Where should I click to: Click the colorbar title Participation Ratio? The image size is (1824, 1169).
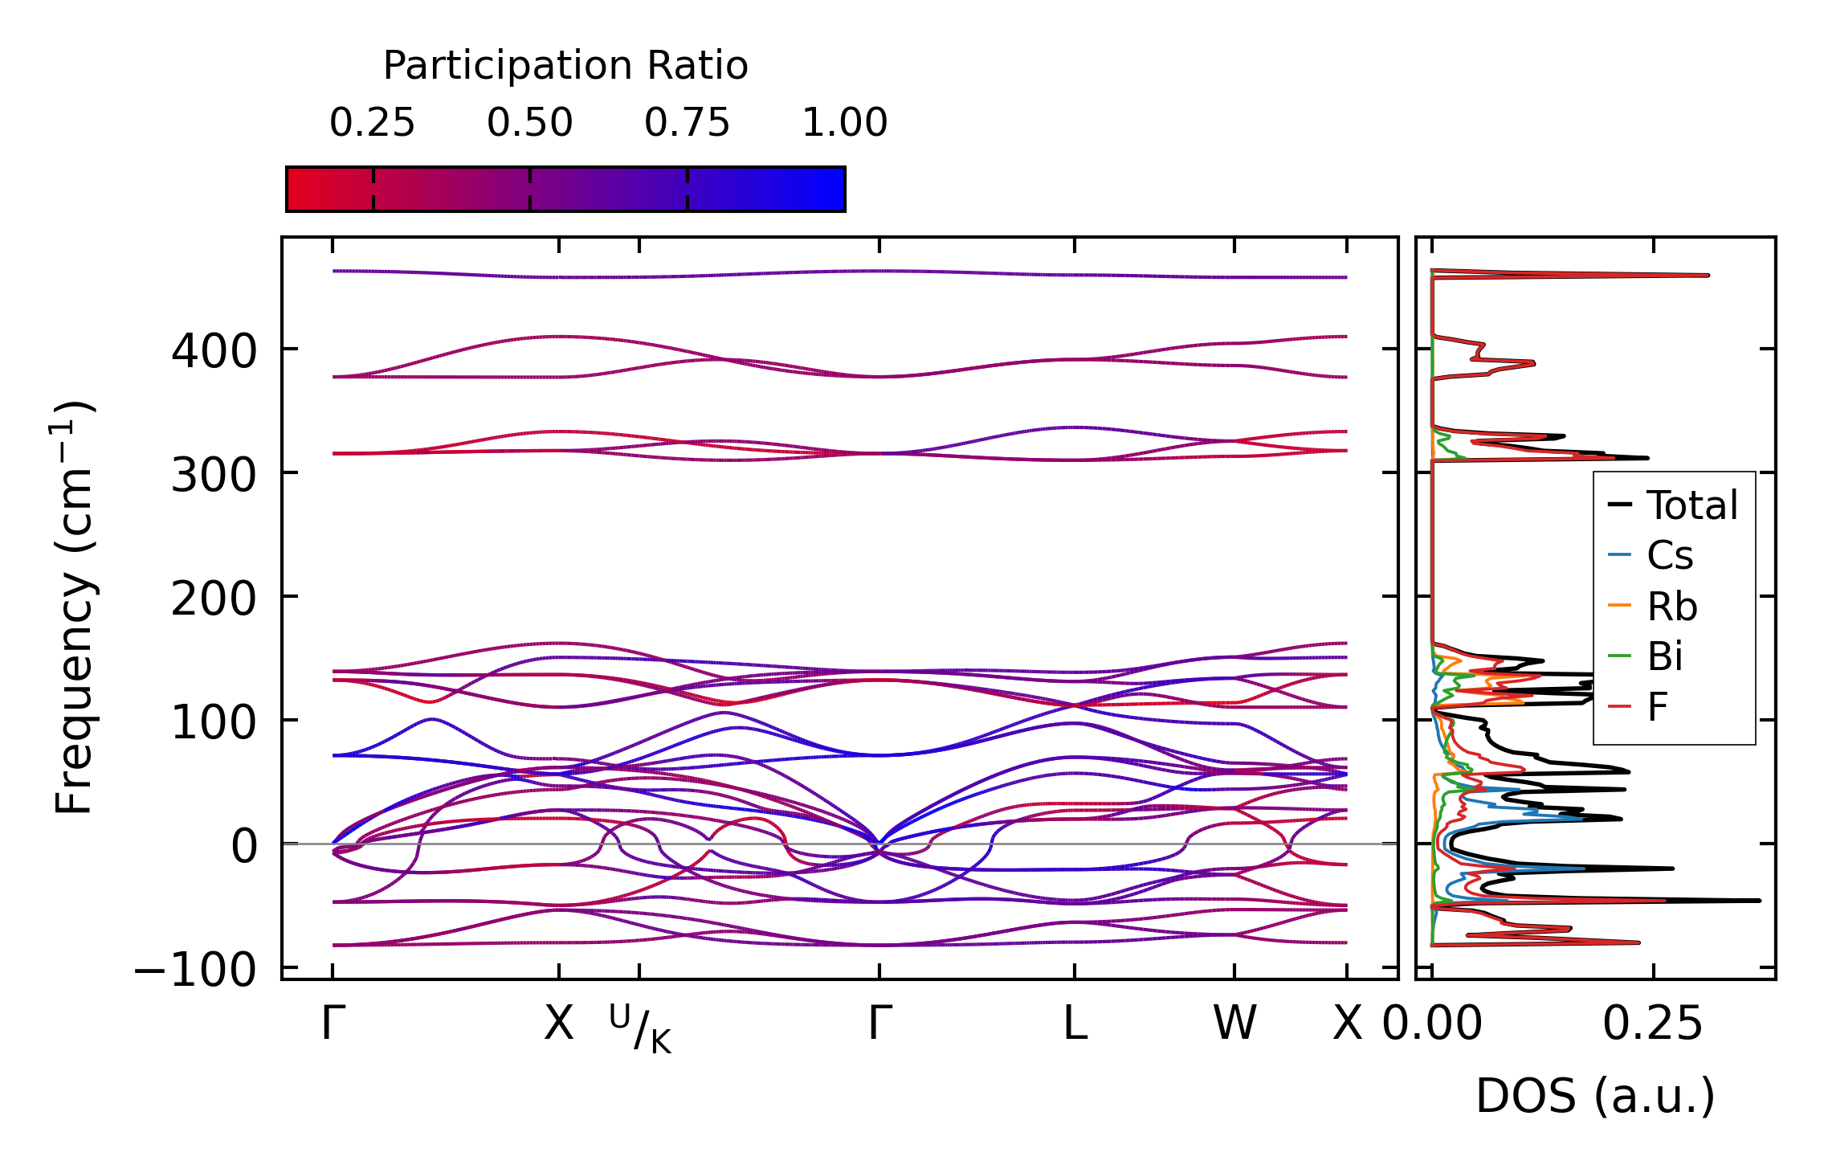[x=565, y=66]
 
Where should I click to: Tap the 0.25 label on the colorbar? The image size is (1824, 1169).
[x=372, y=123]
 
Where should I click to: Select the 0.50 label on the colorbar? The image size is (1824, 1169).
[x=529, y=123]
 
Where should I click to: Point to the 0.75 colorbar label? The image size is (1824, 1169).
[x=687, y=123]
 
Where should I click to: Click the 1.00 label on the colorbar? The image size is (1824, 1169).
[x=844, y=123]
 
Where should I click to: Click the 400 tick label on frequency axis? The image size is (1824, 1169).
[x=214, y=351]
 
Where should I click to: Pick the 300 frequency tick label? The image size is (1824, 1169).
[x=214, y=475]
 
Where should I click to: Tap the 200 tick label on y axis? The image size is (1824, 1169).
[x=214, y=599]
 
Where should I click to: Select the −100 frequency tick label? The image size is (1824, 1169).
[x=195, y=970]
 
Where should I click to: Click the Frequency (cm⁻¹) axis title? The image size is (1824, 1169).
[x=74, y=608]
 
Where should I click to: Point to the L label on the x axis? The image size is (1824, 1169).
[x=1075, y=1024]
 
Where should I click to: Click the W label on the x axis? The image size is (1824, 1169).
[x=1234, y=1024]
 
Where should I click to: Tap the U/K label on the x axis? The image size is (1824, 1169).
[x=640, y=1029]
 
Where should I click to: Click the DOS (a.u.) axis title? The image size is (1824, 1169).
[x=1595, y=1096]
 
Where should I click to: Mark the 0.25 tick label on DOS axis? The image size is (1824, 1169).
[x=1652, y=1024]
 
